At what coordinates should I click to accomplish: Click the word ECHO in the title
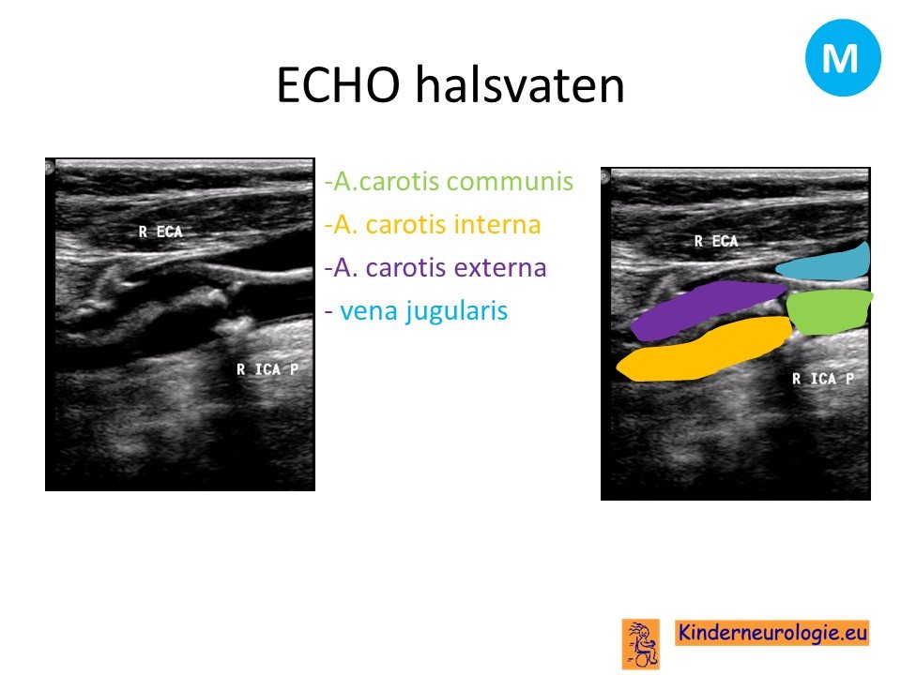[x=339, y=84]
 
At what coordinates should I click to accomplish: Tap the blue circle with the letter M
[x=843, y=57]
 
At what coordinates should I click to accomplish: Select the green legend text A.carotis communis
[x=449, y=181]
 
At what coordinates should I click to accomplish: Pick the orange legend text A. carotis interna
[x=433, y=224]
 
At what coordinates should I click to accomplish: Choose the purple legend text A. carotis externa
[x=435, y=267]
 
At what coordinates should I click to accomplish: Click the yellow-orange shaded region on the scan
[x=704, y=350]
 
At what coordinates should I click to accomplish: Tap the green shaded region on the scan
[x=829, y=311]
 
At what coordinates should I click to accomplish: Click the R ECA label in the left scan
[x=160, y=232]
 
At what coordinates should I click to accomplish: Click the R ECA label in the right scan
[x=716, y=241]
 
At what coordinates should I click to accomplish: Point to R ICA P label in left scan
[x=267, y=369]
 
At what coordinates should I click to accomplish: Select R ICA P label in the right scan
[x=823, y=378]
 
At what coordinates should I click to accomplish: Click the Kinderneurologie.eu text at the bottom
[x=771, y=633]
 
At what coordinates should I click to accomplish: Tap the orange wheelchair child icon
[x=641, y=644]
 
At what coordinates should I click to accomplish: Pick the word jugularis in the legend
[x=456, y=311]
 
